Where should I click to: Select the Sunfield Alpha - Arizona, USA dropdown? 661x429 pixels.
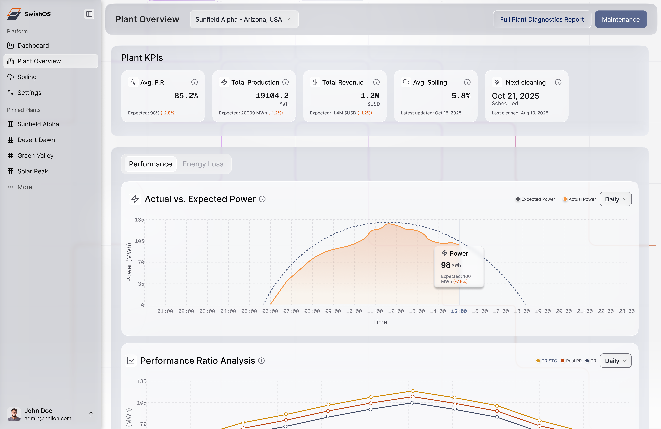coord(244,19)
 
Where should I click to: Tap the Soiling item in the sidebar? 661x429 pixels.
coord(27,77)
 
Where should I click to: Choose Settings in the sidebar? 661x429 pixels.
coord(29,93)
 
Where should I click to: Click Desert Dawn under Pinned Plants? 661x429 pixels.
coord(36,140)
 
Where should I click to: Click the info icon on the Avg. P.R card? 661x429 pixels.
coord(194,82)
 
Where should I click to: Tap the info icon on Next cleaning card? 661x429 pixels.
coord(558,82)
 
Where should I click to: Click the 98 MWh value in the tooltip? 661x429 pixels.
coord(451,265)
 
